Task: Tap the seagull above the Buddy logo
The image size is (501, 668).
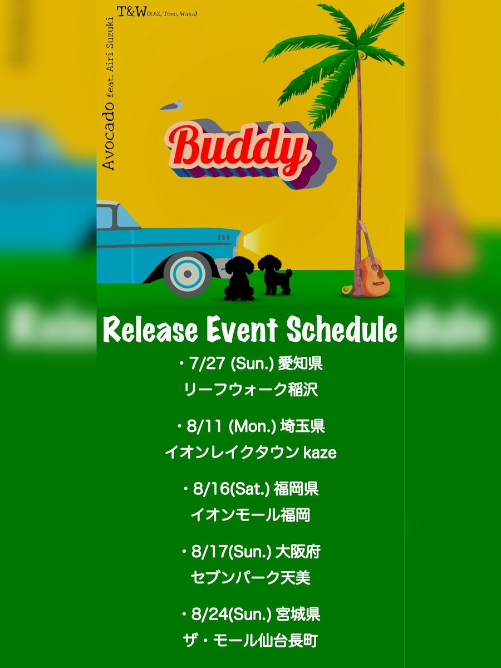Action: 172,105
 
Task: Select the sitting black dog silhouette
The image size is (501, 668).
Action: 239,278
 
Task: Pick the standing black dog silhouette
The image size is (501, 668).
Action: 274,274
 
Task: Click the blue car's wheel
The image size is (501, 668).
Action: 188,274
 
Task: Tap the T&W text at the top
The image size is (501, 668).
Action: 131,12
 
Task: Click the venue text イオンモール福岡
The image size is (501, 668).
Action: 250,515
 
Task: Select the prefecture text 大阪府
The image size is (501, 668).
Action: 298,552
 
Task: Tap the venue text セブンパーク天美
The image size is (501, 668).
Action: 250,578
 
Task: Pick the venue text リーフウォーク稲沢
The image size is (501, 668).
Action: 251,390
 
